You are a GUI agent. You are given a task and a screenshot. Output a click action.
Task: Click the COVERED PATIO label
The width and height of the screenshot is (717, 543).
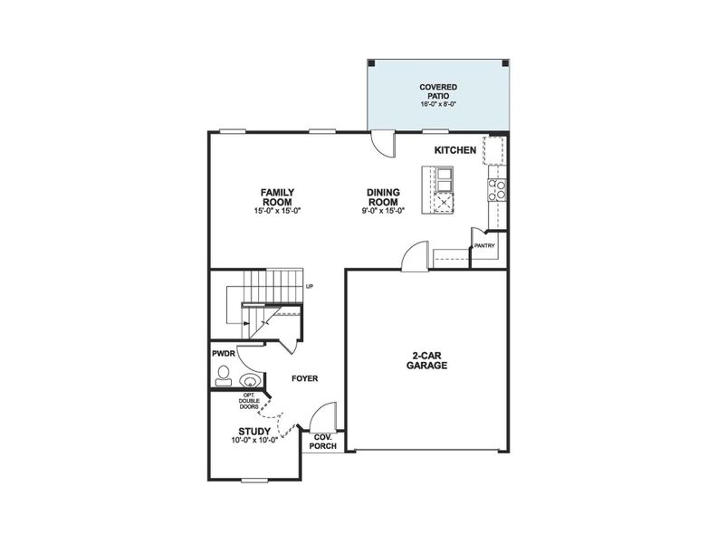pyautogui.click(x=437, y=91)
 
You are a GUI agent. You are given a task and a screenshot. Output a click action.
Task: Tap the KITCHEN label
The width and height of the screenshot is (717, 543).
pyautogui.click(x=454, y=150)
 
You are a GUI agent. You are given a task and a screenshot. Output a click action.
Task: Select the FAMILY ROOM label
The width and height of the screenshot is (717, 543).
pyautogui.click(x=276, y=196)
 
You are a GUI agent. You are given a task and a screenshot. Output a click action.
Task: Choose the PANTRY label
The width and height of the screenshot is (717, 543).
pyautogui.click(x=483, y=244)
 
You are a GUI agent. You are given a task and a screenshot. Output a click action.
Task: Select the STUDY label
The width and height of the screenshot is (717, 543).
pyautogui.click(x=254, y=432)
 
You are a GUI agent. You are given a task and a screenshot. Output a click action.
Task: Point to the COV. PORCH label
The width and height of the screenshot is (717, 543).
pyautogui.click(x=323, y=441)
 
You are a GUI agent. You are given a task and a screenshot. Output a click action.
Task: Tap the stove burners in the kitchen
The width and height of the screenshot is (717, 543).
pyautogui.click(x=497, y=189)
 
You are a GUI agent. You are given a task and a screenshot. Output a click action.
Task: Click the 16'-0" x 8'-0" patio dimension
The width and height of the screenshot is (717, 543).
pyautogui.click(x=437, y=104)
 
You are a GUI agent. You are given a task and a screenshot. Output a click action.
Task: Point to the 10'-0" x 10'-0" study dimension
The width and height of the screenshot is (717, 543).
pyautogui.click(x=254, y=442)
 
